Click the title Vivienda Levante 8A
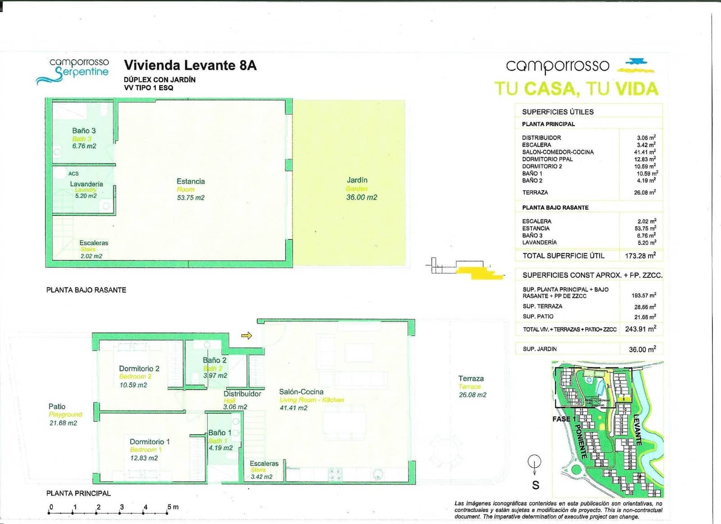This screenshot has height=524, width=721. pyautogui.click(x=190, y=65)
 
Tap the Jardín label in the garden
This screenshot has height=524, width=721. pyautogui.click(x=357, y=180)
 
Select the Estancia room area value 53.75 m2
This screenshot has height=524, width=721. pyautogui.click(x=191, y=198)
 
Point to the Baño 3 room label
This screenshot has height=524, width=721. pyautogui.click(x=84, y=131)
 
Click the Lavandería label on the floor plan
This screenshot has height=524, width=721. pyautogui.click(x=86, y=184)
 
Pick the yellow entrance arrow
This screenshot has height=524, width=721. pyautogui.click(x=246, y=336)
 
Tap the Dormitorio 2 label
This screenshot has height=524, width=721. pyautogui.click(x=139, y=369)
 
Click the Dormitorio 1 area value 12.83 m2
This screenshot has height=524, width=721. pyautogui.click(x=144, y=458)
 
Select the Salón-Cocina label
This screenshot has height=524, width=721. pyautogui.click(x=301, y=392)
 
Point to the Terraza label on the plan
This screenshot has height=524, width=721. pyautogui.click(x=471, y=378)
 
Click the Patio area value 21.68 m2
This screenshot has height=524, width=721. pyautogui.click(x=63, y=423)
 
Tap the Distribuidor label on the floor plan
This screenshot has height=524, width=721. pyautogui.click(x=242, y=394)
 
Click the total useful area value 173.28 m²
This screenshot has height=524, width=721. pyautogui.click(x=640, y=255)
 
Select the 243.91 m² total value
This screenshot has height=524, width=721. pyautogui.click(x=640, y=329)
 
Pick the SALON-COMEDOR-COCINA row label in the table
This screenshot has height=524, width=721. pyautogui.click(x=558, y=152)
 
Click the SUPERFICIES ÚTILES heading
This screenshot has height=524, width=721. pyautogui.click(x=557, y=112)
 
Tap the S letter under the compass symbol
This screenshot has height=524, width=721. pyautogui.click(x=535, y=485)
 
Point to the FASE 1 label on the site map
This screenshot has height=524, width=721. pyautogui.click(x=564, y=419)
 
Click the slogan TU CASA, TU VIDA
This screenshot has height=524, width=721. pyautogui.click(x=576, y=89)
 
